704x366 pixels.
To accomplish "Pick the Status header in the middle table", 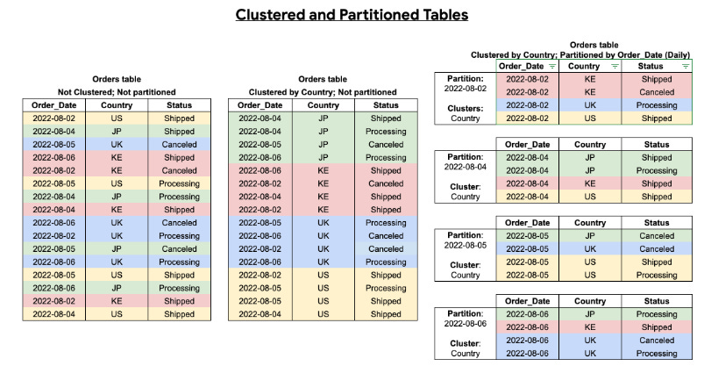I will point(386,105).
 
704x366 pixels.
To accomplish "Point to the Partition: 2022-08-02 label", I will point(466,83).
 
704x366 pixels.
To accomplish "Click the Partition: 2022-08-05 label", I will point(466,240).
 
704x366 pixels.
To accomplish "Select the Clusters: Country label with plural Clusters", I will point(466,112).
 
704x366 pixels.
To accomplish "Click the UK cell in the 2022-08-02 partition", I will point(590,104).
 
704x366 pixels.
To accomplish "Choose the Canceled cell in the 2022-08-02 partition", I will point(657,91).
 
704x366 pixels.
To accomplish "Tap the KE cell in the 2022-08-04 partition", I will point(590,183).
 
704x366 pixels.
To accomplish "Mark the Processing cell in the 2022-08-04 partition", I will point(657,170).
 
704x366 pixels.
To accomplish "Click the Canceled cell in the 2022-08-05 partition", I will point(657,236).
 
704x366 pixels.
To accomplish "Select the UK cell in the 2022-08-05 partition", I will point(590,248).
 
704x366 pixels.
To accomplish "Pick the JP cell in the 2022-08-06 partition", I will point(590,314).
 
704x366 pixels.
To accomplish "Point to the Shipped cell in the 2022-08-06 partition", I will point(657,327).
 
